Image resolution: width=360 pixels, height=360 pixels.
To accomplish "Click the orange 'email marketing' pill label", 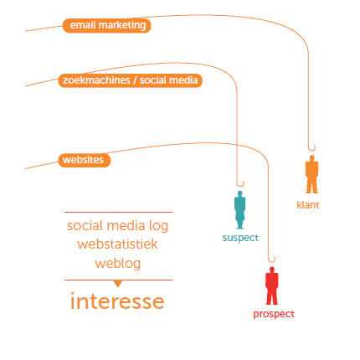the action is point(106,26).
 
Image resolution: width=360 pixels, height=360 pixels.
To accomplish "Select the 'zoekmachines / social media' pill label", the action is point(130,80).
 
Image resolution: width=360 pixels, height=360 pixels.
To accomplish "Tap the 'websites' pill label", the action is point(85,160).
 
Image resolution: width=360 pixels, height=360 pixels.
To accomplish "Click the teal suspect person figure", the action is point(239,209).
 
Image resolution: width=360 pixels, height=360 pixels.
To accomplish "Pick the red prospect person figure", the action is point(271,285).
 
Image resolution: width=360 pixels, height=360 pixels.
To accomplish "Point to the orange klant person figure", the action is point(311,174).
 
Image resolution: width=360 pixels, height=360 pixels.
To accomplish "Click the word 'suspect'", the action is point(240,238).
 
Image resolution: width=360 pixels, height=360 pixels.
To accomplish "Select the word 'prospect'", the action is point(274,314).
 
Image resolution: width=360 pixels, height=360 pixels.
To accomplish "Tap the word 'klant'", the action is point(308,205).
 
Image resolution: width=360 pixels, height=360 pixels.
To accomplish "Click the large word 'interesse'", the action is point(117,301).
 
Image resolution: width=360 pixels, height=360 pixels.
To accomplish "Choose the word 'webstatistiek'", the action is point(117,244).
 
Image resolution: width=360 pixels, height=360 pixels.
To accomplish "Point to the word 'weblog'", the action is point(117,264).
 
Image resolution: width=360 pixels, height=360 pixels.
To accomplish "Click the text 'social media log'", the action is point(117,226).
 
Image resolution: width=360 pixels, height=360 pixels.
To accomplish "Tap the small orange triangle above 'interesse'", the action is point(118,283).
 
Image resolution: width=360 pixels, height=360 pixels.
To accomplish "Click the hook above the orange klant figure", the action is point(311,149).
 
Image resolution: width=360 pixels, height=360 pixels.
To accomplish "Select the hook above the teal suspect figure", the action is point(240,184).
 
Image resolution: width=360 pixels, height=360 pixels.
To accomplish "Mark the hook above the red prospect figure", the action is point(272,260).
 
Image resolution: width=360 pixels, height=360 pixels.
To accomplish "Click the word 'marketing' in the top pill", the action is point(122,25).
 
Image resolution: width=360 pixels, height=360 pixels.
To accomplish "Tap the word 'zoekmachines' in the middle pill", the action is point(96,80).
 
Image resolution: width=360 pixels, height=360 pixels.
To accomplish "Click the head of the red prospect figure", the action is point(272,270).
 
